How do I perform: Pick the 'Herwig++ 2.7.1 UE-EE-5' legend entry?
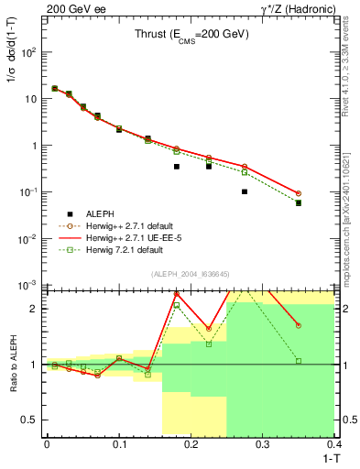[x=119, y=237]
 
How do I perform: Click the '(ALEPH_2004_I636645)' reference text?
[x=191, y=274]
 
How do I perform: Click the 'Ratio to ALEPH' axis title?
[x=13, y=364]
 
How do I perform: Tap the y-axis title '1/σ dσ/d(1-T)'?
[x=13, y=66]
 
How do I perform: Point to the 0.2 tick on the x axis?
[x=191, y=443]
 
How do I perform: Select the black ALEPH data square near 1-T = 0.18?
[x=177, y=167]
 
